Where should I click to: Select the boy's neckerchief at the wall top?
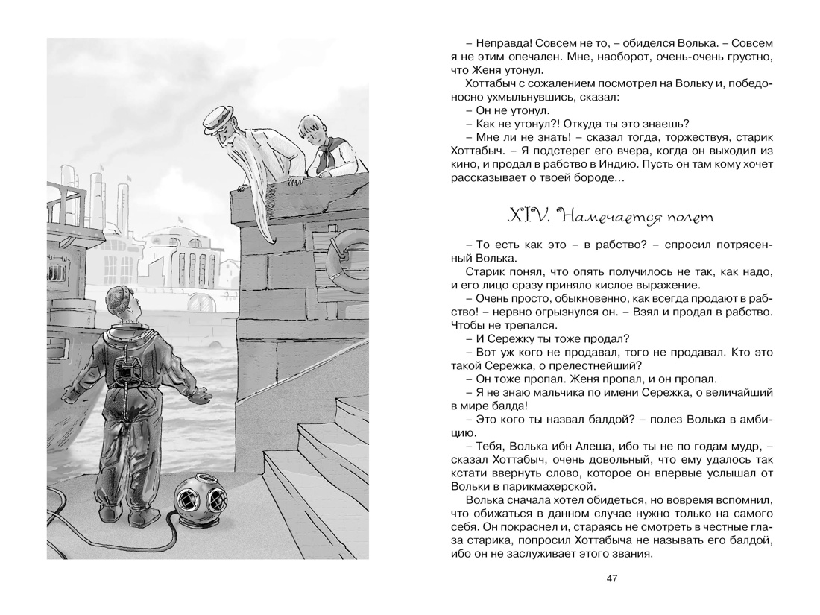[321, 157]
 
